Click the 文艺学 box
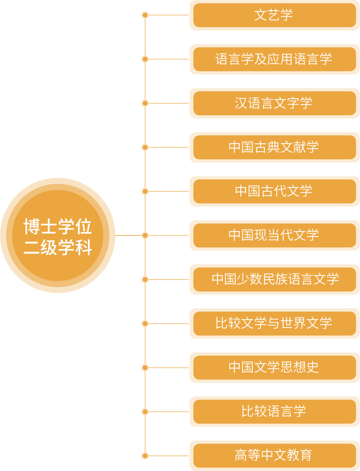(274, 15)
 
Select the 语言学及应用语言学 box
(274, 59)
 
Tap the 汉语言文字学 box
(274, 103)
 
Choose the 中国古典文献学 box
(274, 147)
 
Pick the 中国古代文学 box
(274, 191)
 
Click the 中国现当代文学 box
(274, 235)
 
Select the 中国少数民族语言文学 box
(274, 279)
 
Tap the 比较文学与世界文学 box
(274, 323)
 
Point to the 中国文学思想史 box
(274, 367)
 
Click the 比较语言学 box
(274, 411)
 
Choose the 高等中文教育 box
(274, 455)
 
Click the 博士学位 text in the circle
(58, 227)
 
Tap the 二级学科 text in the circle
(58, 247)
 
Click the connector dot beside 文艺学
(145, 15)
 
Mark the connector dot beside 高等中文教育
(145, 456)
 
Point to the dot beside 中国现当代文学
(145, 235)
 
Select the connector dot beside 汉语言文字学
(145, 103)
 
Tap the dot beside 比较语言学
(145, 412)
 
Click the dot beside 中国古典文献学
(145, 147)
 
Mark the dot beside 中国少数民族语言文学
(145, 279)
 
